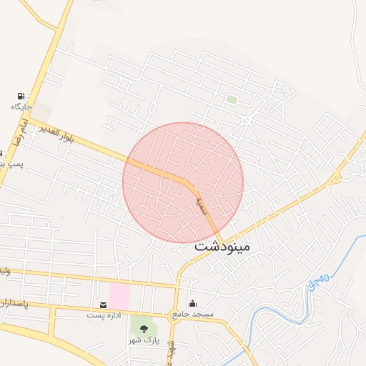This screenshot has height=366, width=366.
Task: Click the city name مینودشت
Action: point(222,247)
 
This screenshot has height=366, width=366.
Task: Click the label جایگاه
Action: point(21,107)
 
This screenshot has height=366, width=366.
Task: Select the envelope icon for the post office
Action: point(104,305)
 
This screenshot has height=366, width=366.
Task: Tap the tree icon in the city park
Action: point(144,329)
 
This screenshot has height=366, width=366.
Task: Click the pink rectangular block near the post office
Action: point(119,295)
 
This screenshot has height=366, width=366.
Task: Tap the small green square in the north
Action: point(232,99)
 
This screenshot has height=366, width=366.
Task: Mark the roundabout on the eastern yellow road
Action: point(334,179)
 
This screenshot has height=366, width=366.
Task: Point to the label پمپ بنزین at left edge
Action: point(11,164)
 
